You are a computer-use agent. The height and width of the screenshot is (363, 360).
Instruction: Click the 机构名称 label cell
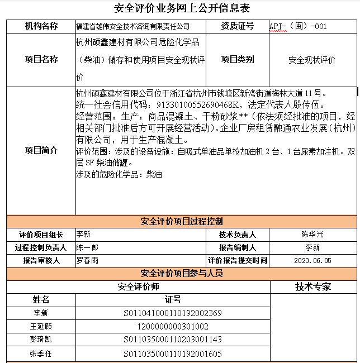(x=41, y=26)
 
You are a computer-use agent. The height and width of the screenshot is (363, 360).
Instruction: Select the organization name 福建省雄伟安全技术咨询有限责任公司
(x=132, y=26)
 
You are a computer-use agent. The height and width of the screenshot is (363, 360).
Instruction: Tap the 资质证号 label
(x=237, y=26)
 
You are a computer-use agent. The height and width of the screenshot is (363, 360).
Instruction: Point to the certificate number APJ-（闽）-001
(x=298, y=26)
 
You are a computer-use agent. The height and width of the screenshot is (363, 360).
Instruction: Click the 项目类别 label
(x=237, y=60)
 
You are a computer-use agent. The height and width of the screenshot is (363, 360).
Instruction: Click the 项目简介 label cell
(x=41, y=151)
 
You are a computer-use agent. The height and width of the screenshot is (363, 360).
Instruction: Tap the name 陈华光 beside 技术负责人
(x=312, y=235)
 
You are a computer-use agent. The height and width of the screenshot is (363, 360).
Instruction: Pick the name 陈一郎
(x=87, y=247)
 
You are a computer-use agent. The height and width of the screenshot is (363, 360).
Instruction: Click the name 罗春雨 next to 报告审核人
(x=87, y=260)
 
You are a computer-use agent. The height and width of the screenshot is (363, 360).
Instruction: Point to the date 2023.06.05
(x=312, y=261)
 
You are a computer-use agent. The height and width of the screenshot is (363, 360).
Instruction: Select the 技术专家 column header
(x=312, y=286)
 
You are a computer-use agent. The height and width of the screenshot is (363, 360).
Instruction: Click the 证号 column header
(x=173, y=300)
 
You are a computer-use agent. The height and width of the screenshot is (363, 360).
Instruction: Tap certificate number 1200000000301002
(x=173, y=327)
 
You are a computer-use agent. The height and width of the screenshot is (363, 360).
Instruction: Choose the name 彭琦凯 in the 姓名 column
(x=41, y=340)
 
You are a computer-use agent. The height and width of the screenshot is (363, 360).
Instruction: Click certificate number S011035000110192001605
(x=173, y=354)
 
